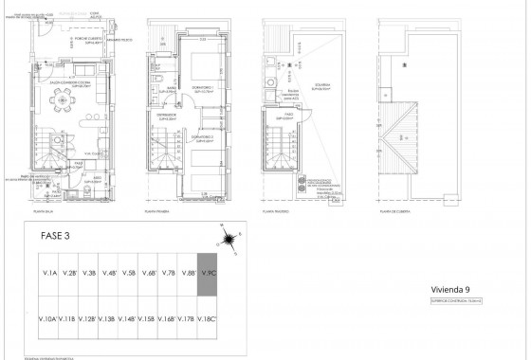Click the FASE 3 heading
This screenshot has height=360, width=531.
(x=56, y=236)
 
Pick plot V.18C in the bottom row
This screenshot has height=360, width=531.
(x=208, y=319)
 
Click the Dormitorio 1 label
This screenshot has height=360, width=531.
(x=204, y=90)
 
